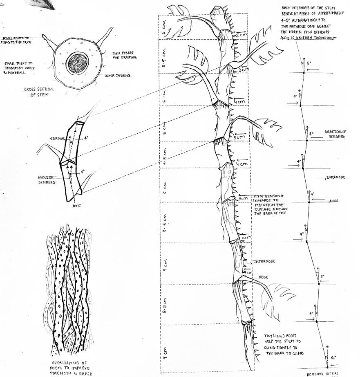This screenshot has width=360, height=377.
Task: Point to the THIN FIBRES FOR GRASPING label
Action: click(x=124, y=56)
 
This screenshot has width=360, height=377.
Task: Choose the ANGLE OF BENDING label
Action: click(x=46, y=180)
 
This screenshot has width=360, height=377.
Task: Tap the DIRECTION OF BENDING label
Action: click(x=335, y=134)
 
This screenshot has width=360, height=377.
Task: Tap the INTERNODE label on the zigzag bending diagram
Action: click(x=336, y=177)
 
